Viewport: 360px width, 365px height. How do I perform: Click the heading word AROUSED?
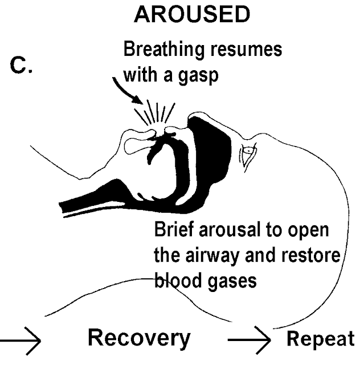192,14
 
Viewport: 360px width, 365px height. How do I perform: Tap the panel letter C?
21,66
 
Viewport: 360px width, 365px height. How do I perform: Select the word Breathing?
163,50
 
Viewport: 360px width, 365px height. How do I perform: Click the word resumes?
246,50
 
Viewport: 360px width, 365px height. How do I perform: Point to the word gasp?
198,76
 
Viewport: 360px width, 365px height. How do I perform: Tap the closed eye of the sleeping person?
248,155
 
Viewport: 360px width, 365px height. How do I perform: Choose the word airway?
212,256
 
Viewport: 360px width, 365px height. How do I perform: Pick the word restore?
310,255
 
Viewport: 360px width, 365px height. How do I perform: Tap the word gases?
232,282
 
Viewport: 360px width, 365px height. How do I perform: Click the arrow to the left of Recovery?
21,341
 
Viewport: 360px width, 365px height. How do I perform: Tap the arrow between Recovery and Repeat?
249,340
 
